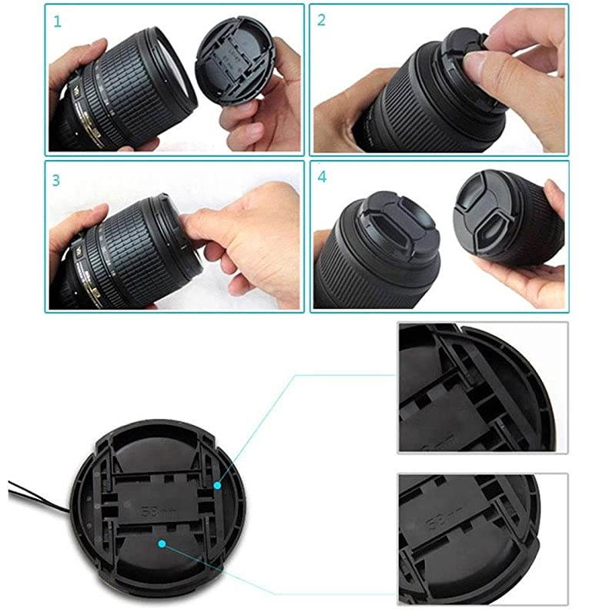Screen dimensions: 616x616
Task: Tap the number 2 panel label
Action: pos(322,20)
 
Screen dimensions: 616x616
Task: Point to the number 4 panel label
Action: pos(322,176)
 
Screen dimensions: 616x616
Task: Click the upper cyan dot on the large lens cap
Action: pos(218,486)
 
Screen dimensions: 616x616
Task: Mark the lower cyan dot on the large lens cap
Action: pos(162,543)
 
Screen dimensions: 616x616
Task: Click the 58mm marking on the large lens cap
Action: pos(152,510)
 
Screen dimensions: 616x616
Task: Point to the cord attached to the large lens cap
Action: pos(38,493)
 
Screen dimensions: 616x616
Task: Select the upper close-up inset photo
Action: pos(482,387)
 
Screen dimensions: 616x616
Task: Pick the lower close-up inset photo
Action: pos(482,538)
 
